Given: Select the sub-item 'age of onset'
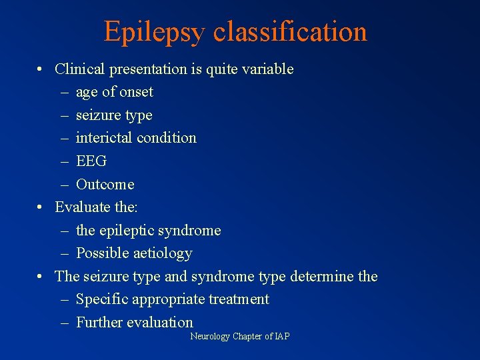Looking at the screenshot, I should coord(114,92).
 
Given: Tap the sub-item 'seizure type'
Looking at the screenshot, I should coord(114,115).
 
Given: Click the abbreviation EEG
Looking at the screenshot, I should coord(91,161).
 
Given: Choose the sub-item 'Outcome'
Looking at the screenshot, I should coord(105,184).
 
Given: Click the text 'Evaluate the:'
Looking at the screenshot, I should coord(96,207).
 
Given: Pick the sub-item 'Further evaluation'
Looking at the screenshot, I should coord(134,323).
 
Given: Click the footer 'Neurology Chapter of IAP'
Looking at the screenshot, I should coord(239,337).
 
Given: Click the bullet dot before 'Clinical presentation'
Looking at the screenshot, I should coord(41,69).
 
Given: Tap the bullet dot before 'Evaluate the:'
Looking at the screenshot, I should coord(41,207).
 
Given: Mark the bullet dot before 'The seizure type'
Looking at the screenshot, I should coord(41,277).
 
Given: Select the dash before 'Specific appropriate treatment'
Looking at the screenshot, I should coord(64,299).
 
